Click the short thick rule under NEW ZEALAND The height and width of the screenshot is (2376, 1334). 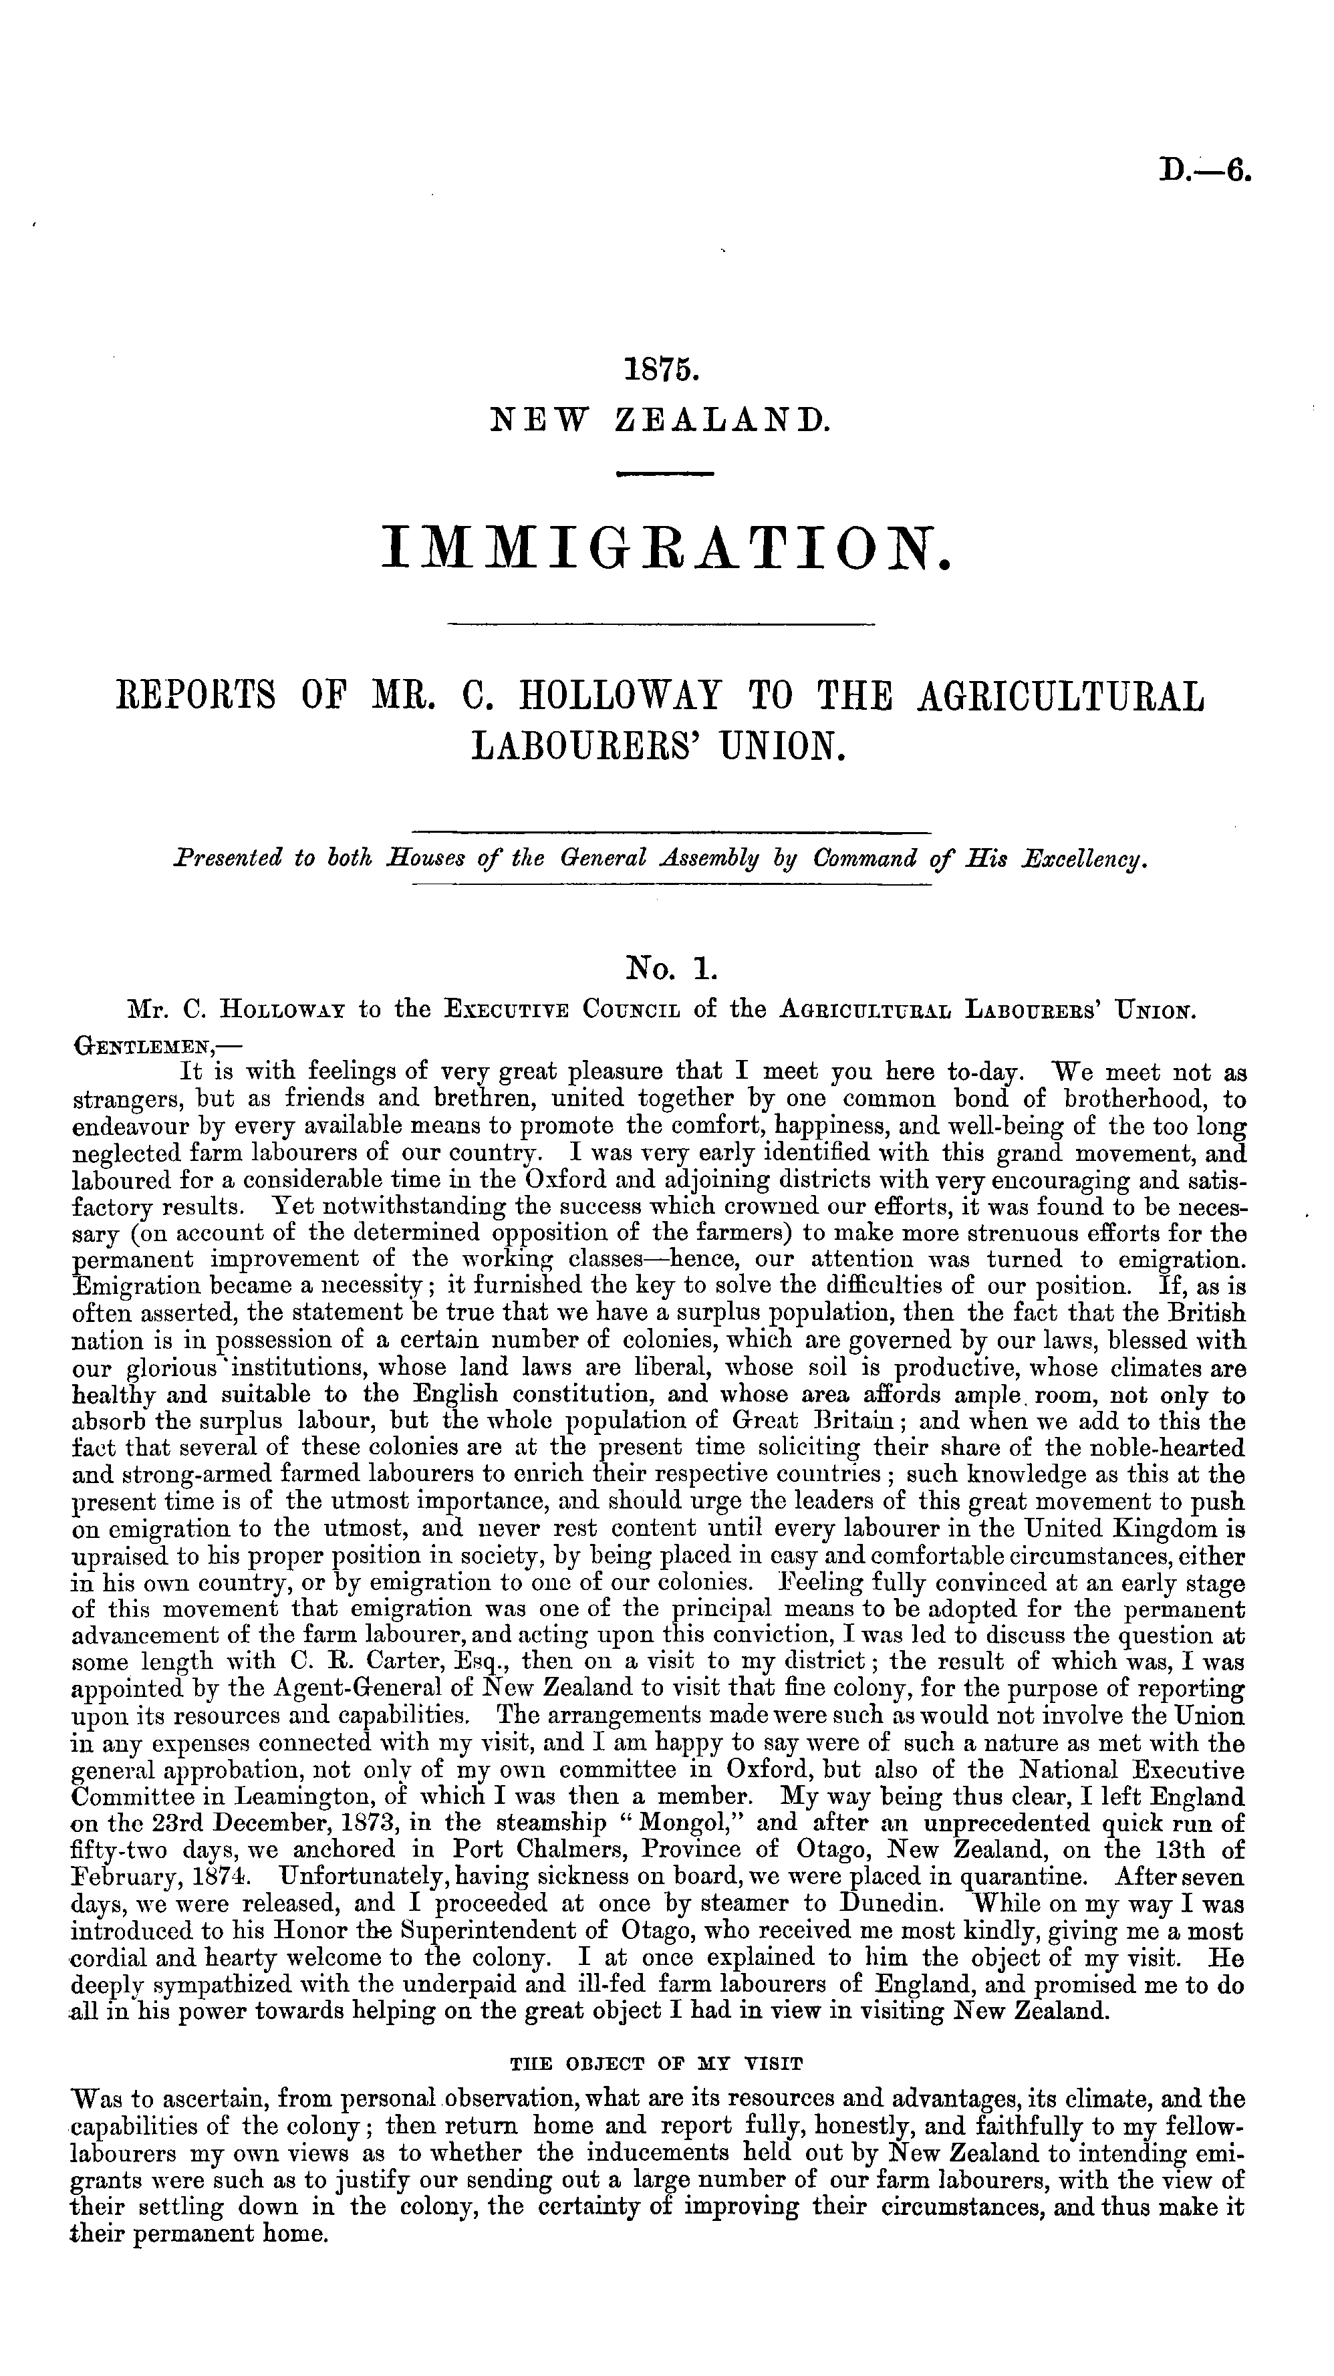(x=665, y=474)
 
